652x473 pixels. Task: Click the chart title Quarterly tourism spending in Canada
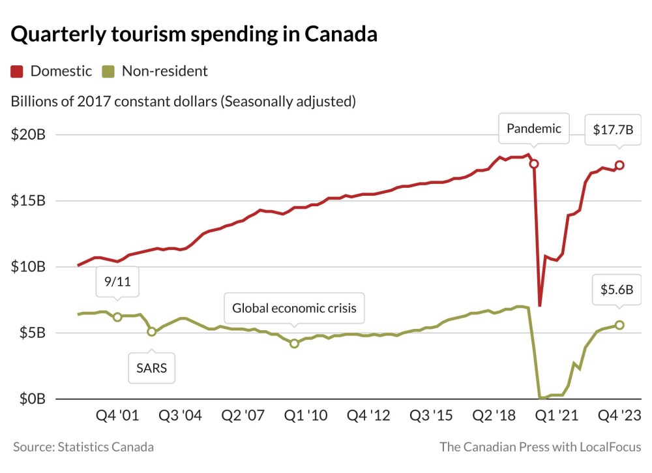coord(194,35)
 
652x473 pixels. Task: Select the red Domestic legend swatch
coord(18,71)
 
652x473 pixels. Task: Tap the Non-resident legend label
coord(164,71)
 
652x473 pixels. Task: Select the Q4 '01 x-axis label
coord(117,416)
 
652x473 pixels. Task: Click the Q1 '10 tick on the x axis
coord(305,416)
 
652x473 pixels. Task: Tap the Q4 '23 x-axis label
coord(619,416)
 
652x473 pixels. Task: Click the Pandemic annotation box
coord(533,129)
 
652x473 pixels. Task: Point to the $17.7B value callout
coord(613,129)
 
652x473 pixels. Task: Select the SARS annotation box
coord(151,368)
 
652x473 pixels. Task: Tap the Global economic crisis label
coord(294,308)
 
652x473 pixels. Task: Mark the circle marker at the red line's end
coord(619,165)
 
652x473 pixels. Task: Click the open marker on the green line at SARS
coord(152,331)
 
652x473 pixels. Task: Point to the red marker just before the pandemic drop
coord(534,164)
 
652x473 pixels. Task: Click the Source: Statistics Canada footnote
coord(83,447)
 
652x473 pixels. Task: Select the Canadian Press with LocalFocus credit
coord(541,447)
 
